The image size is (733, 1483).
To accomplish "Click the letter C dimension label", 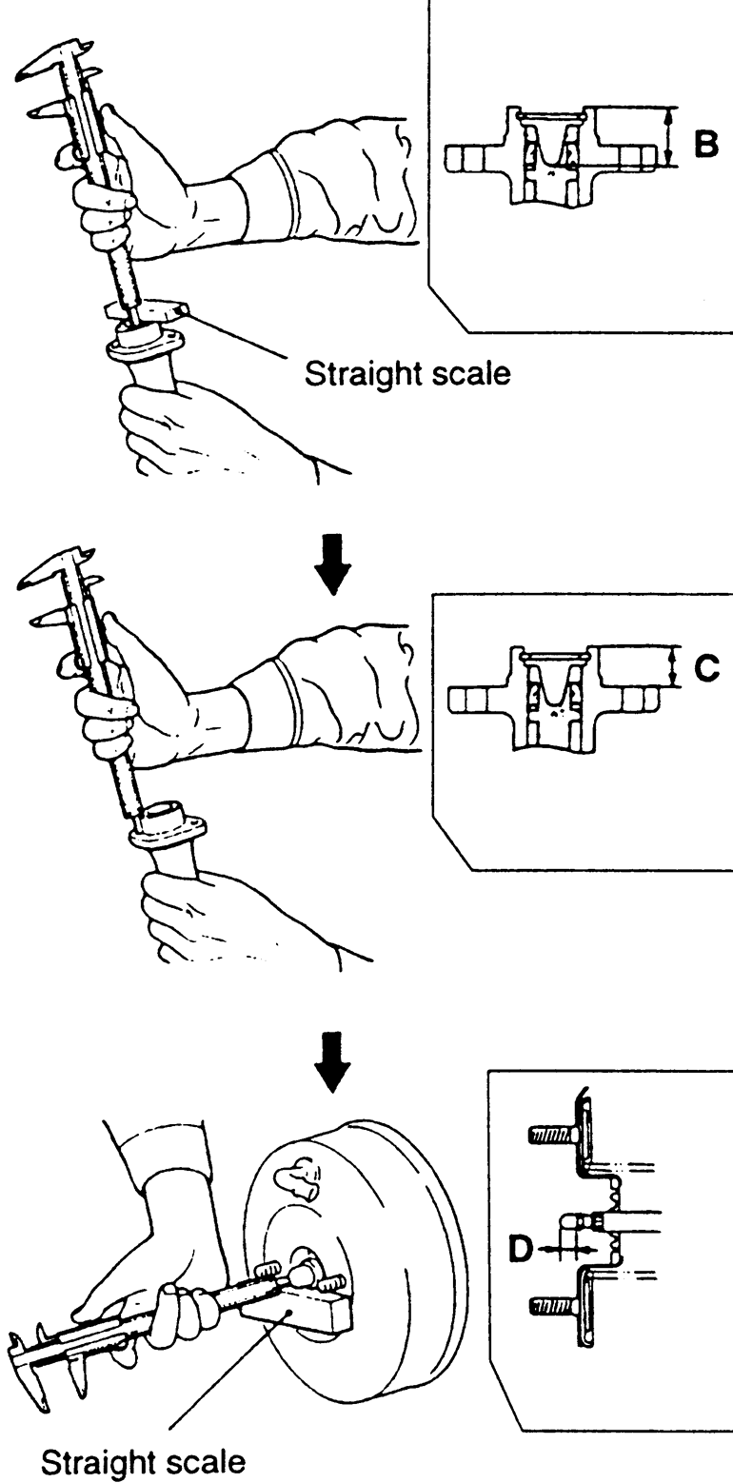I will click(706, 670).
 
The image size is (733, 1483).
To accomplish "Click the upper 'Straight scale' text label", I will click(406, 374).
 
